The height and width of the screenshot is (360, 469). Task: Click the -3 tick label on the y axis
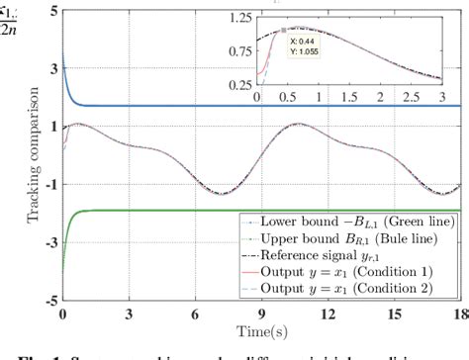pos(47,241)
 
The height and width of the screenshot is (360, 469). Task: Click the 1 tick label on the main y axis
pos(50,128)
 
